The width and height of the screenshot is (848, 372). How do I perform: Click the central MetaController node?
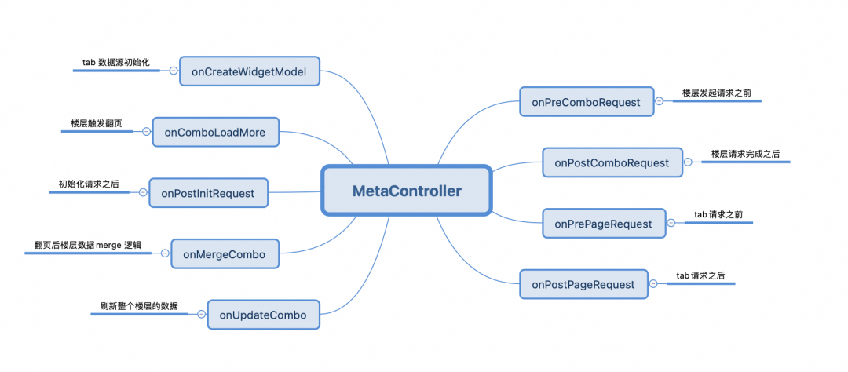tap(407, 191)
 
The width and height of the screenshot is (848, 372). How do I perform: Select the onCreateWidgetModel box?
tap(249, 71)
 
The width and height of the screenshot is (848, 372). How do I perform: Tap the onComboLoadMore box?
tap(215, 133)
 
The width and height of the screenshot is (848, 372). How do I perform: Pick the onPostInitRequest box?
tap(208, 193)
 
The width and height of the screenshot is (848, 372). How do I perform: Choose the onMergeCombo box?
tap(225, 254)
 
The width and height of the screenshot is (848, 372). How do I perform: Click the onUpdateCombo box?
tap(263, 315)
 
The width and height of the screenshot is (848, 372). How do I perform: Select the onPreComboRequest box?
tap(586, 102)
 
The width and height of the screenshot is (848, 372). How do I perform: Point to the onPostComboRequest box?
tap(612, 162)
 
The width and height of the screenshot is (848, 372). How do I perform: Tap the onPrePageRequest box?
tap(603, 224)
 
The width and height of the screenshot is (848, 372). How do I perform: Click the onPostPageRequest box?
tap(583, 284)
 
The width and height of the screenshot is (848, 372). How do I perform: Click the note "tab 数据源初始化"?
tap(117, 62)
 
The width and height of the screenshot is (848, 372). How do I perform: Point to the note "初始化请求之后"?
tap(89, 184)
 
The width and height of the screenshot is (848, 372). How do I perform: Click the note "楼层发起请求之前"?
tap(716, 93)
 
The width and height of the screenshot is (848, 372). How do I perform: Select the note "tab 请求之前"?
tap(718, 214)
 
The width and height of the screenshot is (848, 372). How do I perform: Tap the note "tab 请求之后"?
tap(700, 275)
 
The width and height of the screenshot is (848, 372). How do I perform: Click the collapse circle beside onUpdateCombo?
tap(201, 315)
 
